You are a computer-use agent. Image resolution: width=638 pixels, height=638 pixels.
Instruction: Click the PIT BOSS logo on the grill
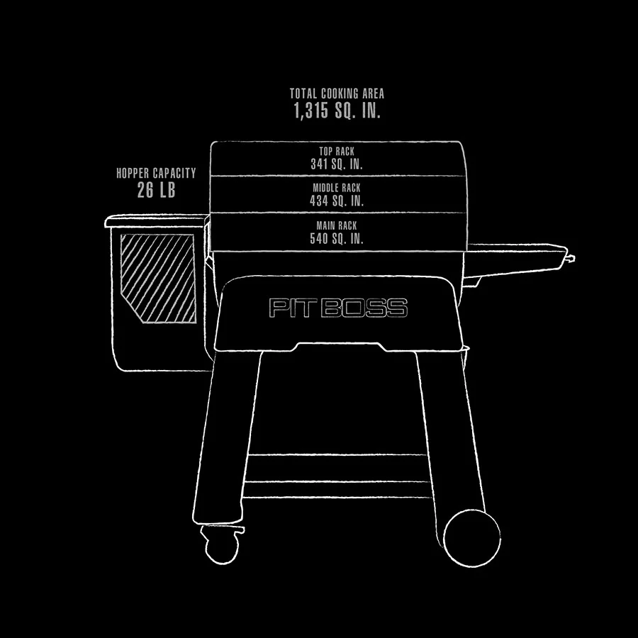click(x=338, y=308)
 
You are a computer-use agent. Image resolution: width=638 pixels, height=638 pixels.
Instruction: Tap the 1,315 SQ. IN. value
click(x=337, y=111)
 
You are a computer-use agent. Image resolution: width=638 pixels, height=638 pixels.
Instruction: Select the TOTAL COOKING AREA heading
click(x=337, y=94)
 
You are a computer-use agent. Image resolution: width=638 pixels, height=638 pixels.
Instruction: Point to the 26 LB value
click(x=156, y=190)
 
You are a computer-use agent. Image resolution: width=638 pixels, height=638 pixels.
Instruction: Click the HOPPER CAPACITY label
click(x=156, y=173)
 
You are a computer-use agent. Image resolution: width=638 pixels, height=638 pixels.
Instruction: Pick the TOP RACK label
click(x=337, y=152)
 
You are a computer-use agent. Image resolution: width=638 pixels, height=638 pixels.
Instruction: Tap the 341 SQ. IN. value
click(x=337, y=164)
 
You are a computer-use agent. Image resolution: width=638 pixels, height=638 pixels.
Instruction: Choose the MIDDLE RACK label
click(x=337, y=189)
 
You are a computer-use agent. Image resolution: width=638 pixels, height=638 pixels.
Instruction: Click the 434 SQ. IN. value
click(x=337, y=201)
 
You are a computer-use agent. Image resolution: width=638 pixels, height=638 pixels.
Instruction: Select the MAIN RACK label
click(x=337, y=226)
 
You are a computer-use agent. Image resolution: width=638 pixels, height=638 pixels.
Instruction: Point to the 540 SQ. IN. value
click(x=337, y=239)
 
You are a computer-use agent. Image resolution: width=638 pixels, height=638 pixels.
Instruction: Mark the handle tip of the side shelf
click(x=571, y=259)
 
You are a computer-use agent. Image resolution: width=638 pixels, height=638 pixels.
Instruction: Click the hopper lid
click(x=156, y=223)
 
